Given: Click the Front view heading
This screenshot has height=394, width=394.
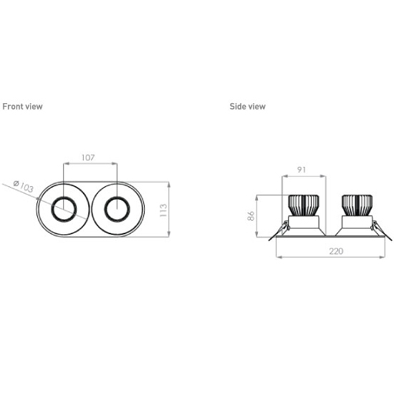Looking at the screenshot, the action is (22, 107).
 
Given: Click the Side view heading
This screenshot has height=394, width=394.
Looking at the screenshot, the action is (248, 107).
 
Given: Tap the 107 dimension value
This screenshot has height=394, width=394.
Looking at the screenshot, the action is (88, 158).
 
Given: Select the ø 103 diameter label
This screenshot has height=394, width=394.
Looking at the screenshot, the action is (24, 186).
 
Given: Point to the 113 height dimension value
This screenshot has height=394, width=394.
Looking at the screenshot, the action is (163, 211).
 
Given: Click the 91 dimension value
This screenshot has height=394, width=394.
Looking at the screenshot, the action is (302, 170).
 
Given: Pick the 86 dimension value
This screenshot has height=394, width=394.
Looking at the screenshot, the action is (251, 216).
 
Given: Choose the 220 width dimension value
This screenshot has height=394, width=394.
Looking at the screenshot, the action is (336, 251).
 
